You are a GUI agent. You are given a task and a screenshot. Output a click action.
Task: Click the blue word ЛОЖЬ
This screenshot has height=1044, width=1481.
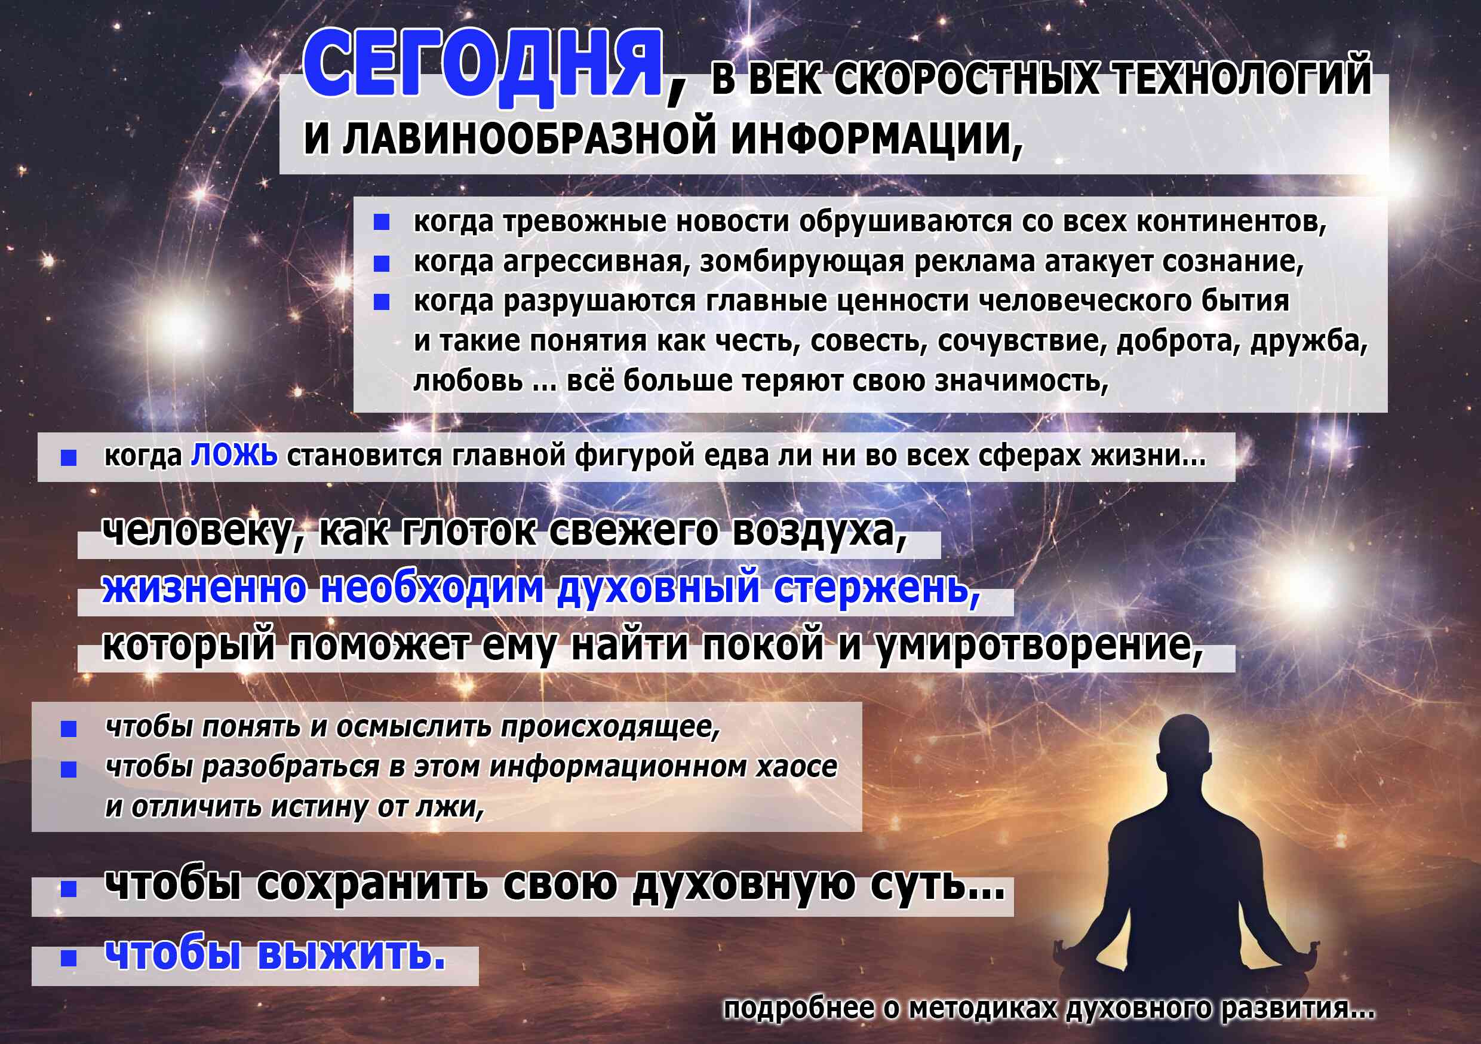click(x=235, y=456)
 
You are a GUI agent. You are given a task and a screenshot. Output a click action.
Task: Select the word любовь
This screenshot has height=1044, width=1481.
click(x=468, y=380)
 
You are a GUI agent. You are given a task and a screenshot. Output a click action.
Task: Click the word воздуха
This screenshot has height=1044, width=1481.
click(x=820, y=533)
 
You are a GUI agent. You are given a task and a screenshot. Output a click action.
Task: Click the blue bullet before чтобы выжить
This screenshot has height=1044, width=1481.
click(x=68, y=958)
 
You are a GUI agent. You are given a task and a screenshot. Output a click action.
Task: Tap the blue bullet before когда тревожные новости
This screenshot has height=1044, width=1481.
click(x=382, y=223)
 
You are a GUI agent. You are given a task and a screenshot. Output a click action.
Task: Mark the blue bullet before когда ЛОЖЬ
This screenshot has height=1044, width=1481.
click(x=68, y=458)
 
